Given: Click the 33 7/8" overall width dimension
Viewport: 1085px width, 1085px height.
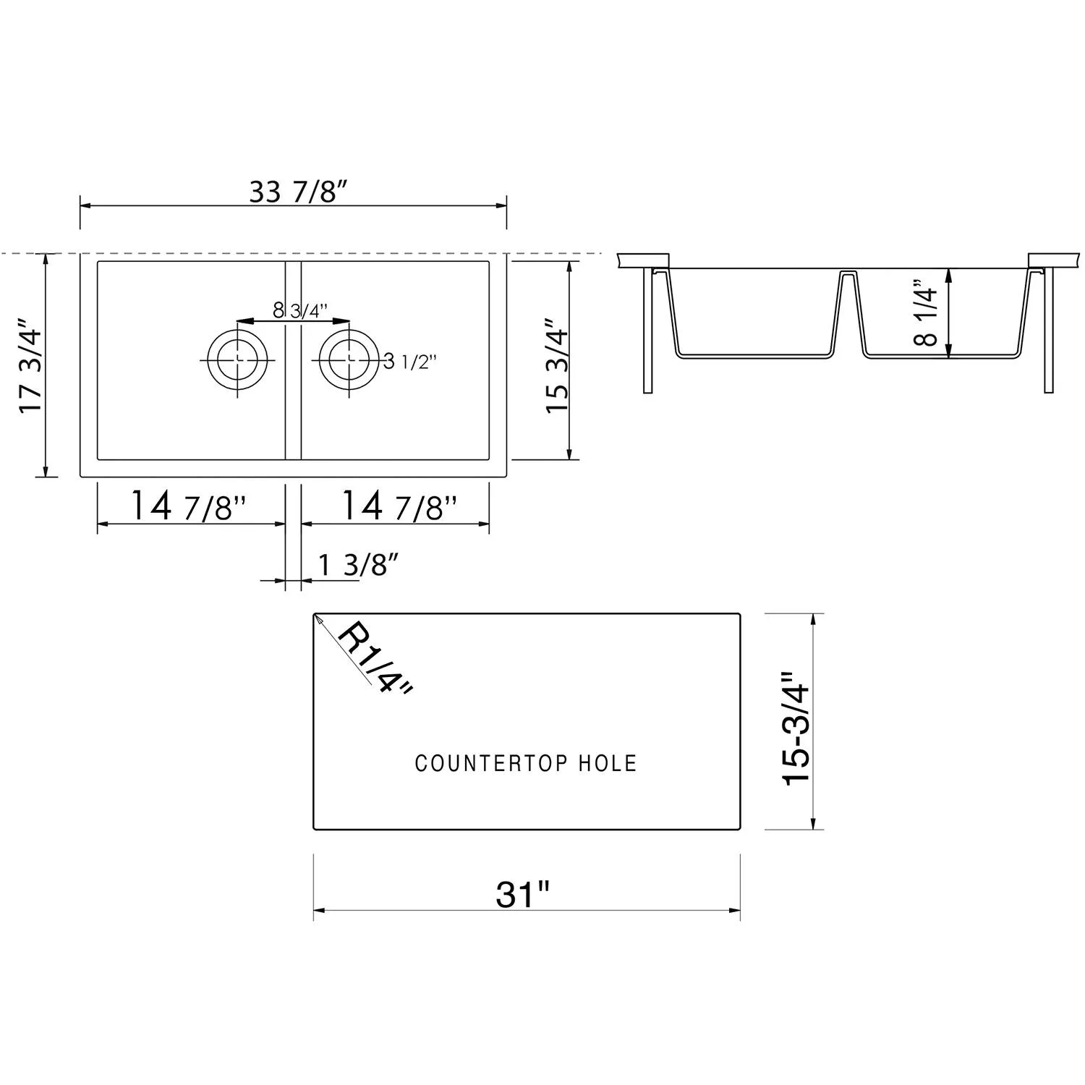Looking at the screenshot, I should tap(299, 192).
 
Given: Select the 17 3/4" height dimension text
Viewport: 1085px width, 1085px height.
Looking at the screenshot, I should tap(33, 366).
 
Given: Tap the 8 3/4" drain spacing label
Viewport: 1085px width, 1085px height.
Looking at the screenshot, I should tap(300, 310).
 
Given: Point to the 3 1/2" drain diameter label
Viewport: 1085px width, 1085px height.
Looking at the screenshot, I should tap(410, 362).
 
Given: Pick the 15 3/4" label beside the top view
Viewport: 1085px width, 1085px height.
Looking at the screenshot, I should tap(557, 366).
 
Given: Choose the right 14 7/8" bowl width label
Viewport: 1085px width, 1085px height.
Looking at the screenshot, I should tap(399, 506).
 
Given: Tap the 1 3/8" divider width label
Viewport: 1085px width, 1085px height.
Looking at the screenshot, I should tap(358, 565).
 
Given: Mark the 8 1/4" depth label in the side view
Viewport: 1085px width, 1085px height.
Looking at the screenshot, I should tap(927, 312).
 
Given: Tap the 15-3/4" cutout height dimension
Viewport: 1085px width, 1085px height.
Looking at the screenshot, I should tap(797, 727).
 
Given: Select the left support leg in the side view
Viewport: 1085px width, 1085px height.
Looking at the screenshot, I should tap(647, 329).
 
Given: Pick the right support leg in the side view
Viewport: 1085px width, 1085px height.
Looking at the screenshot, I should tap(1048, 329).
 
